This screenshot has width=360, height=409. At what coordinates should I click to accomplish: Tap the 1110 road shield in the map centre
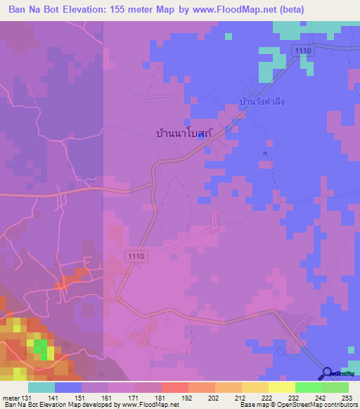tap(136, 257)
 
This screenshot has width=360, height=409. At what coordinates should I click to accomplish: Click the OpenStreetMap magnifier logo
tap(328, 373)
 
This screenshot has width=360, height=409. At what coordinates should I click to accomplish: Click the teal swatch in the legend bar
tap(41, 388)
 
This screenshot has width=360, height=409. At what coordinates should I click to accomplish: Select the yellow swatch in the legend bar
tap(281, 388)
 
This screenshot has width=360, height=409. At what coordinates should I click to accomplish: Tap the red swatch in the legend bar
tap(174, 388)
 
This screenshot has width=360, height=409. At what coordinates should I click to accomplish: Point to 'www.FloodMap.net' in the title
tap(259, 10)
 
